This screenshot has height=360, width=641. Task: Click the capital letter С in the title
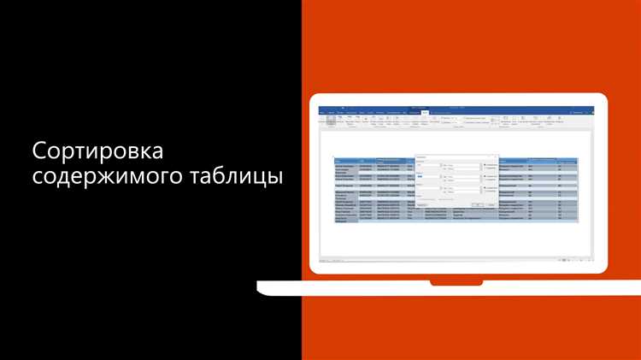(x=39, y=152)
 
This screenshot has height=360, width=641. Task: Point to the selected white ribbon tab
(x=425, y=112)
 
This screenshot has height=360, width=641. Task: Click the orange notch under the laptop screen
(x=456, y=281)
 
